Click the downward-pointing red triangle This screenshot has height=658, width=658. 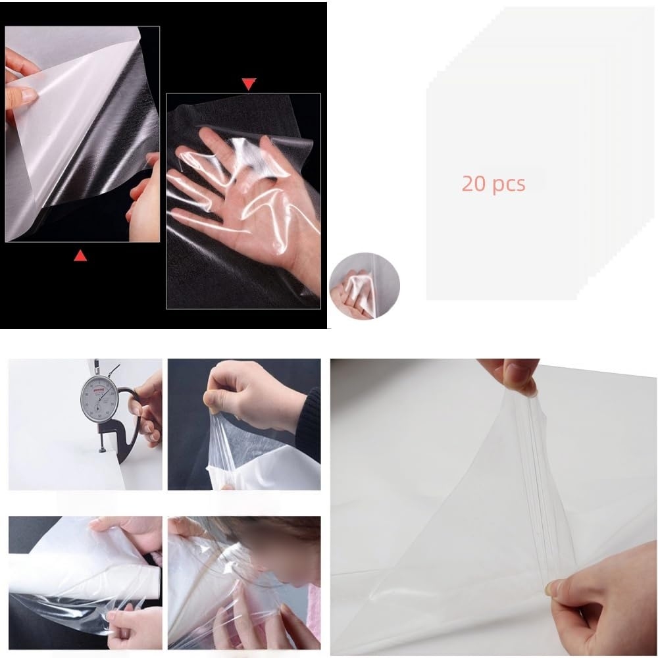pos(249,84)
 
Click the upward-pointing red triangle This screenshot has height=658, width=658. pos(80,255)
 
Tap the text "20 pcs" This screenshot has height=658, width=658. pos(493,184)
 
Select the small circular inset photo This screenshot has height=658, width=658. pos(364,288)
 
